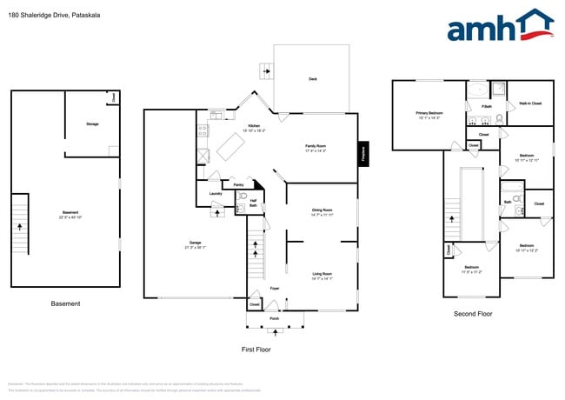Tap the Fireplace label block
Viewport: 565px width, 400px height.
point(363,152)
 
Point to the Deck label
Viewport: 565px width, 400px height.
point(313,79)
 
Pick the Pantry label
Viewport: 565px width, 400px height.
point(238,184)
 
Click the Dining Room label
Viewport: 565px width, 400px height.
point(322,210)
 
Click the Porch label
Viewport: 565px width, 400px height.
point(274,318)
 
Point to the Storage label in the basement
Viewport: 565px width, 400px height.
point(92,123)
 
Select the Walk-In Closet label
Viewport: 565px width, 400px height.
point(530,103)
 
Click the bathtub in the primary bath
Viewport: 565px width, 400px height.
point(477,90)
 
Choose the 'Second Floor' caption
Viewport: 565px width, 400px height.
point(473,314)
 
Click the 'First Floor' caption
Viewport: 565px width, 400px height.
point(256,349)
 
